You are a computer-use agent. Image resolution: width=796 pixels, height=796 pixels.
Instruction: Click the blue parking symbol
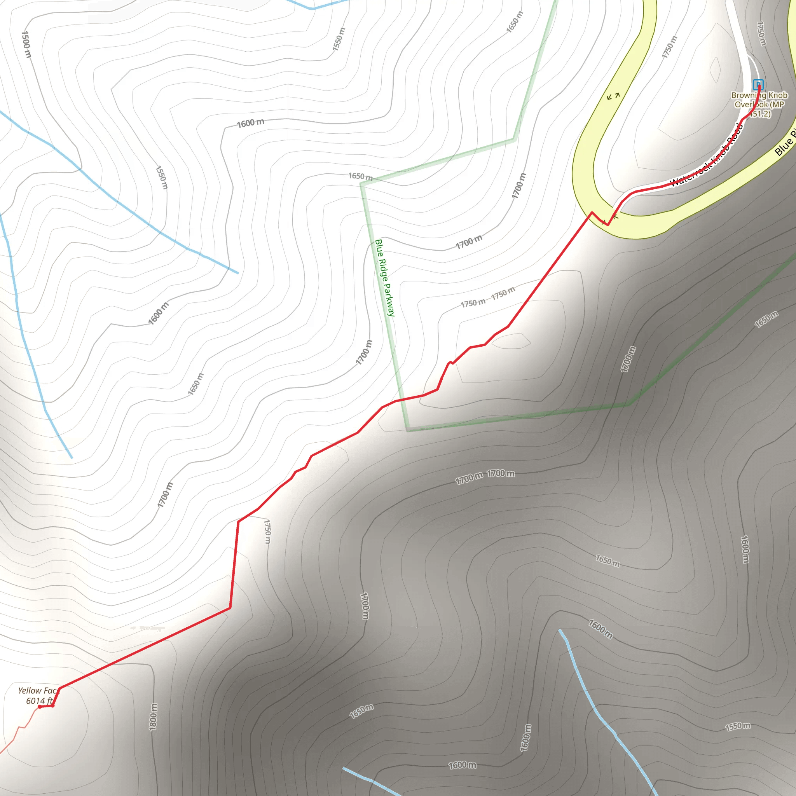(x=758, y=84)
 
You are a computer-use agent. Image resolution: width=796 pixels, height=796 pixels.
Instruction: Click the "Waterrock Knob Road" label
(x=707, y=155)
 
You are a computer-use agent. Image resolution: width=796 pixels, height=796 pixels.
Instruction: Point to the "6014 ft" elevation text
(x=39, y=701)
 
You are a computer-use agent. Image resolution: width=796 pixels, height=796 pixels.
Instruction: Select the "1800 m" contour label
(x=153, y=717)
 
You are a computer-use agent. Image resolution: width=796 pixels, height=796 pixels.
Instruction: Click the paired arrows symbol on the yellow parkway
(x=613, y=96)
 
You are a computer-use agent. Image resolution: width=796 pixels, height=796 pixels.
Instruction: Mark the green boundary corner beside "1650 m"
(x=361, y=184)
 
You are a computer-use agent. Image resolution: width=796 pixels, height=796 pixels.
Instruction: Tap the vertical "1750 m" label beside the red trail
(x=267, y=531)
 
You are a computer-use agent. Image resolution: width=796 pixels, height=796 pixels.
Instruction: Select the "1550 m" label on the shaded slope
(x=737, y=726)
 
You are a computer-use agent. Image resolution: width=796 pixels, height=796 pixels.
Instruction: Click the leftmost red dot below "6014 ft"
(x=40, y=707)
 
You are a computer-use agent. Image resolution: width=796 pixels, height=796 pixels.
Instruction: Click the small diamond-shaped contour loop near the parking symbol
(x=715, y=70)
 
